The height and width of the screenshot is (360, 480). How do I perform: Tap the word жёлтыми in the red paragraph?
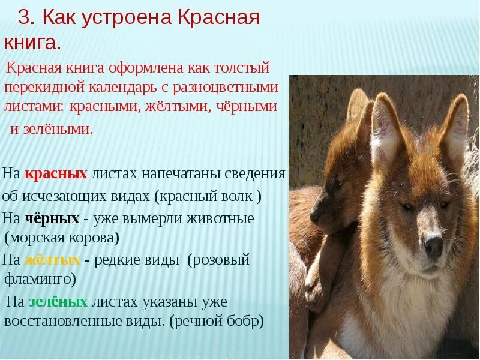pos(178,107)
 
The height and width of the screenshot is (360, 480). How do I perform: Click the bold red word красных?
pos(56,174)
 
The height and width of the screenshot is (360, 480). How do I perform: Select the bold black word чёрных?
pos(52,218)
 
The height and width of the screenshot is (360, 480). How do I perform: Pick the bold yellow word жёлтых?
pos(52,260)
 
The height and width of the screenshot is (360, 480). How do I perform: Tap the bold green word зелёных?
pos(58,302)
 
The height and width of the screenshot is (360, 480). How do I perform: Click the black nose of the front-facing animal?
pos(433,245)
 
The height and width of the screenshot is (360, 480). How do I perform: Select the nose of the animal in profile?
pos(315,215)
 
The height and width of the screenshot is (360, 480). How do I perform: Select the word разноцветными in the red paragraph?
pos(225,87)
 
